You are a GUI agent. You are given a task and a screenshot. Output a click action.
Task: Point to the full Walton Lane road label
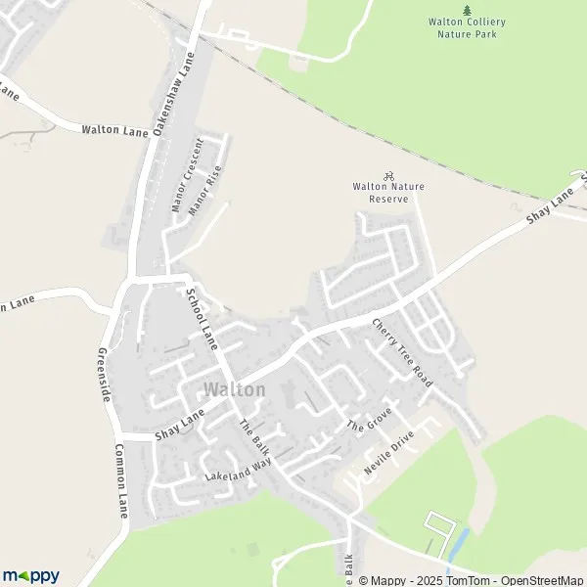pyautogui.click(x=114, y=129)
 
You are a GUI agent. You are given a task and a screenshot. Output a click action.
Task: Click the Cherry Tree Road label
pyautogui.click(x=401, y=349)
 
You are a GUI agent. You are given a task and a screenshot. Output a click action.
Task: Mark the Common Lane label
pyautogui.click(x=121, y=480)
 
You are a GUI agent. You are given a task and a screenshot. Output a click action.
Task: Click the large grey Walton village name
pyautogui.click(x=234, y=389)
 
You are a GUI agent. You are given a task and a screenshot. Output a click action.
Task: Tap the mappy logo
pyautogui.click(x=31, y=575)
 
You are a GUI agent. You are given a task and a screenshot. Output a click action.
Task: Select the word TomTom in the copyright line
pyautogui.click(x=471, y=580)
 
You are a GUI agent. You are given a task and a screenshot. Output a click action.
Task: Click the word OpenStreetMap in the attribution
pyautogui.click(x=543, y=580)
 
